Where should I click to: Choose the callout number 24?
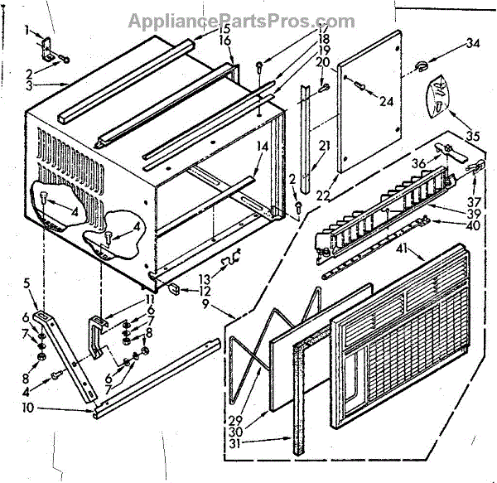384,102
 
